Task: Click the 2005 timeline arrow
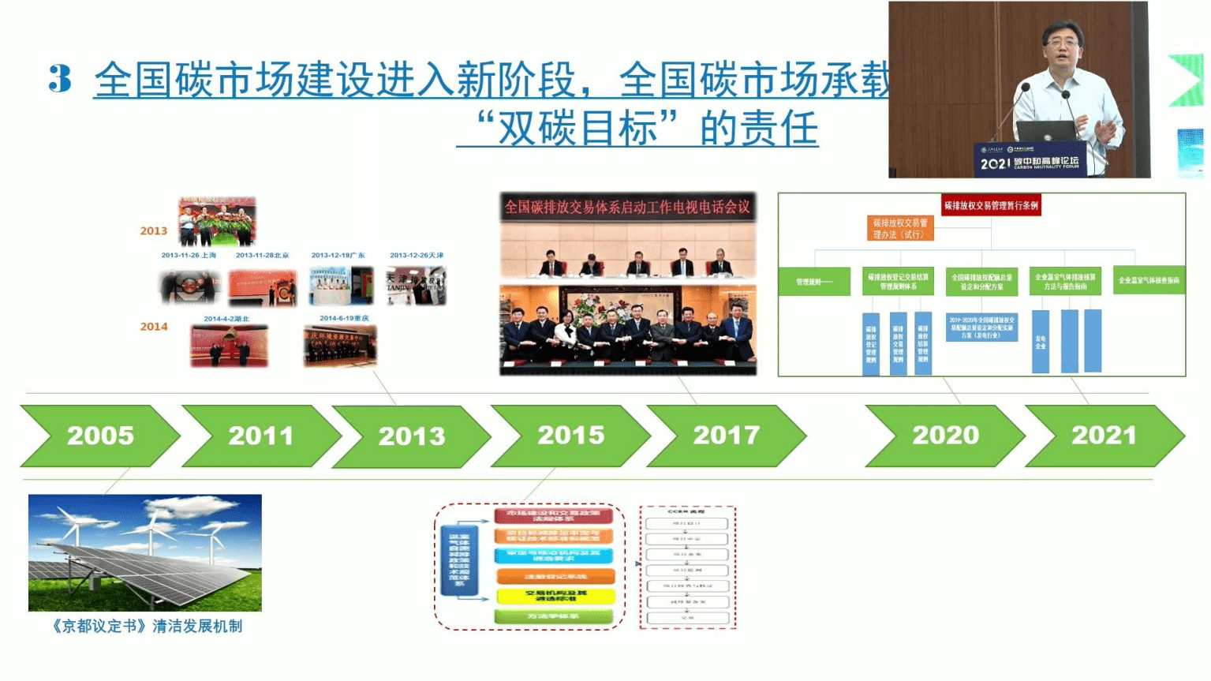click(x=99, y=436)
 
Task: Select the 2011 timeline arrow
click(x=260, y=436)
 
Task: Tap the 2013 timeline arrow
click(x=411, y=436)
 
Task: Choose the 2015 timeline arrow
click(x=570, y=436)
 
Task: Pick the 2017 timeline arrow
click(x=726, y=436)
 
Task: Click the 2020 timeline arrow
click(x=945, y=436)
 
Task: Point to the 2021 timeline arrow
click(x=1104, y=436)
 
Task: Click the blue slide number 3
click(x=59, y=79)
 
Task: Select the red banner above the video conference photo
click(x=627, y=207)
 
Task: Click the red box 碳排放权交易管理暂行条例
click(x=991, y=205)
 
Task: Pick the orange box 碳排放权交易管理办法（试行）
click(x=900, y=228)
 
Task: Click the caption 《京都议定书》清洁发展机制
click(x=146, y=626)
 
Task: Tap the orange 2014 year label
click(x=154, y=327)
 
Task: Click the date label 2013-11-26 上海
click(x=189, y=255)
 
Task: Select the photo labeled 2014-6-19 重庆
click(x=340, y=346)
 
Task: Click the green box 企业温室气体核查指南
click(x=1148, y=280)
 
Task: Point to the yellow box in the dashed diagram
click(x=555, y=596)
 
